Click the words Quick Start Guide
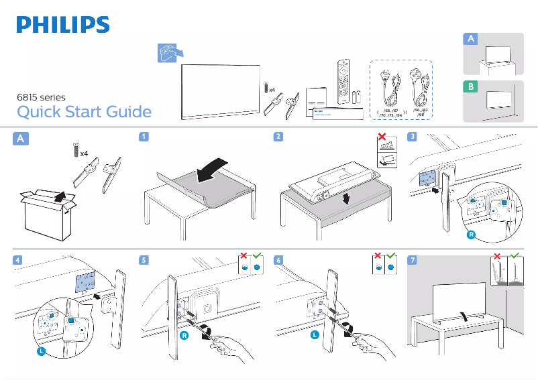coord(84,112)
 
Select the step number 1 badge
coord(144,137)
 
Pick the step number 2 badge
coord(278,137)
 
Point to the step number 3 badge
coord(412,137)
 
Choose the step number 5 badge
coord(144,259)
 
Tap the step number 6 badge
coord(278,259)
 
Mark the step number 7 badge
coord(412,259)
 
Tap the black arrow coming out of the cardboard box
coord(59,196)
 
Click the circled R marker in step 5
coord(183,334)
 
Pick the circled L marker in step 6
coord(314,334)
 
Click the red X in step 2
coord(382,137)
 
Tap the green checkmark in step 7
coord(515,257)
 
